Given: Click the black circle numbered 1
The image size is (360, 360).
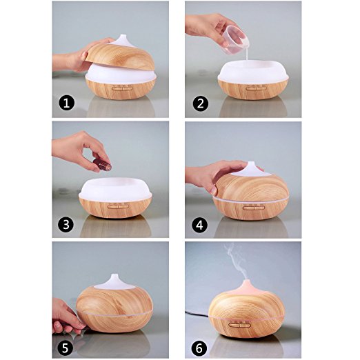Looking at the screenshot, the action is (x=67, y=103).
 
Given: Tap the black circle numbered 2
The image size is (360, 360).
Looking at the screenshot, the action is (x=201, y=103).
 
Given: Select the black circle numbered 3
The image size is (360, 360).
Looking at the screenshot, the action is (x=66, y=224).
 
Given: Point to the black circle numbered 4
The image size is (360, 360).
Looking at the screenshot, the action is (x=199, y=225).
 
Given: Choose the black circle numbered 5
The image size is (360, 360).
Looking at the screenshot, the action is (x=65, y=348).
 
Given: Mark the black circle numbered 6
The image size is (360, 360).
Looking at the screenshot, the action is (x=199, y=348).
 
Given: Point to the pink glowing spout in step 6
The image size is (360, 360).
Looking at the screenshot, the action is (x=247, y=288).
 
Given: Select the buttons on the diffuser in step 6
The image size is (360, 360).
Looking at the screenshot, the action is (x=239, y=325).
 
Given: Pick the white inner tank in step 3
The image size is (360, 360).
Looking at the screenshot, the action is (x=115, y=188).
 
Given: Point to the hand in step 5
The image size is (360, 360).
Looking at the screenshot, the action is (x=68, y=316).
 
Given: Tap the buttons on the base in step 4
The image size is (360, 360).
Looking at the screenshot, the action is (x=254, y=208).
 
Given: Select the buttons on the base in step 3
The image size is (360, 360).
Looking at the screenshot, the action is (x=119, y=206).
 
